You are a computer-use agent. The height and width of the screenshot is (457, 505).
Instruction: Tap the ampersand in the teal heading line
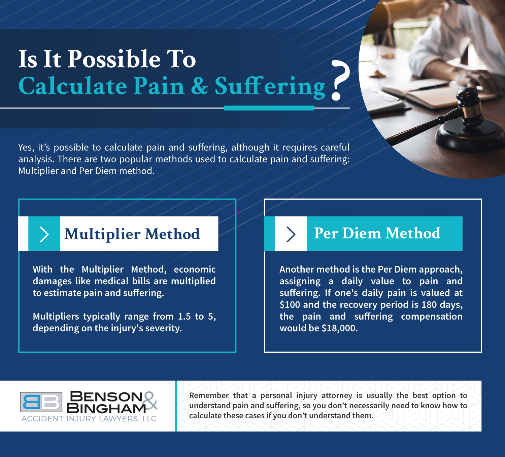[200, 86]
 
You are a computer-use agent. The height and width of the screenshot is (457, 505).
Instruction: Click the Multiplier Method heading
[132, 234]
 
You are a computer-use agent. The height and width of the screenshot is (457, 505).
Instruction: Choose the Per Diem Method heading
[377, 233]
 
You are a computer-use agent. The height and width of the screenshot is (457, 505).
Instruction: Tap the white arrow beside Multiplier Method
[44, 234]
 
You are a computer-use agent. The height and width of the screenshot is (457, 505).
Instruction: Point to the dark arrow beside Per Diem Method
[291, 234]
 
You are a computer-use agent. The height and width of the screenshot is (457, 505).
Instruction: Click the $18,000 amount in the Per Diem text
[339, 328]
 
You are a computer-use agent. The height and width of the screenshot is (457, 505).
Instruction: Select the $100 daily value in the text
[290, 305]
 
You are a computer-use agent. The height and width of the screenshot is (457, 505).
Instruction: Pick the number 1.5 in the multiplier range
[184, 317]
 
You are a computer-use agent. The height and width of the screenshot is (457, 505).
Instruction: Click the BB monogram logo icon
[41, 402]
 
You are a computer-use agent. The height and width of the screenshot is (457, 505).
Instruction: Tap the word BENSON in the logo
[106, 397]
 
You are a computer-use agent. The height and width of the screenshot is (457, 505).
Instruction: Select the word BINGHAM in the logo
[106, 408]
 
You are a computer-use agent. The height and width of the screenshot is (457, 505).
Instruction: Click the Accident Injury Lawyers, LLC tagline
[89, 419]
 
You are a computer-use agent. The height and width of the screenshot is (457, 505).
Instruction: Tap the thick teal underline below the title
[269, 108]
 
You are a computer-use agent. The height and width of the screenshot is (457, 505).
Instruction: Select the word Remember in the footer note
[209, 396]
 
